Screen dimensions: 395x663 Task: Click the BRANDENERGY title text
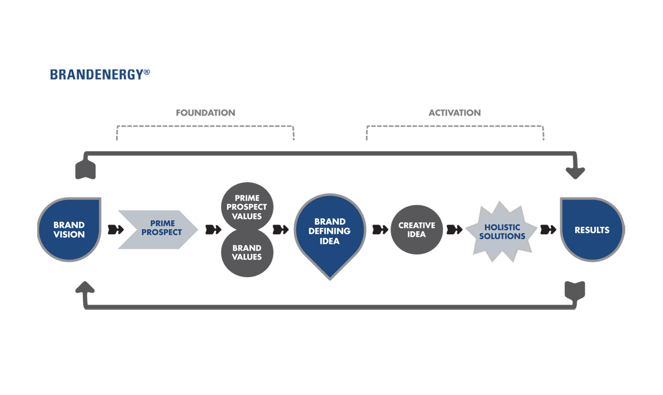pyautogui.click(x=96, y=74)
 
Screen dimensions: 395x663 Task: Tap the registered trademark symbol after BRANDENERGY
pyautogui.click(x=147, y=72)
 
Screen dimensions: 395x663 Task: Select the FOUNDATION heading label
pyautogui.click(x=205, y=113)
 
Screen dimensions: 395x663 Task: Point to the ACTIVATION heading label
pyautogui.click(x=454, y=113)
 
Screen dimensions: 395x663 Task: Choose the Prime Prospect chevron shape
pyautogui.click(x=158, y=229)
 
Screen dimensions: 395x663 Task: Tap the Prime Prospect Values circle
pyautogui.click(x=246, y=207)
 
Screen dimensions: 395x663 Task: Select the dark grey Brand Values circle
pyautogui.click(x=246, y=252)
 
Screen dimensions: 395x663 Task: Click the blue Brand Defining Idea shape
pyautogui.click(x=330, y=231)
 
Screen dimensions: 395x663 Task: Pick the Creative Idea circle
pyautogui.click(x=417, y=230)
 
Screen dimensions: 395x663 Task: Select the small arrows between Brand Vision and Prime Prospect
pyautogui.click(x=116, y=230)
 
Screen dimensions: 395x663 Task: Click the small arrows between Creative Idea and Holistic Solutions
pyautogui.click(x=454, y=230)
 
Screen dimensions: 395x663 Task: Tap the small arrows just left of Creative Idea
pyautogui.click(x=381, y=230)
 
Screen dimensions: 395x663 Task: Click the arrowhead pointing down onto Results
pyautogui.click(x=575, y=173)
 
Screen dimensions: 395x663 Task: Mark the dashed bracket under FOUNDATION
pyautogui.click(x=205, y=126)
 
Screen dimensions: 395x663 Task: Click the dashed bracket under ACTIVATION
pyautogui.click(x=454, y=126)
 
